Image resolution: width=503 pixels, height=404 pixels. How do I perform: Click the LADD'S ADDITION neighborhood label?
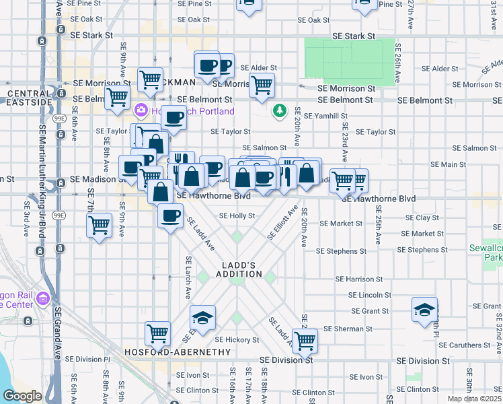pyautogui.click(x=239, y=269)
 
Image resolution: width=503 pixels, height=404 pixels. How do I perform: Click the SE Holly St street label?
pyautogui.click(x=237, y=216)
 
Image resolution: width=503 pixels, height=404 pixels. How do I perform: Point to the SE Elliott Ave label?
pyautogui.click(x=282, y=224)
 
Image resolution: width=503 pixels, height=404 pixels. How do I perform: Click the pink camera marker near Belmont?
pyautogui.click(x=141, y=110)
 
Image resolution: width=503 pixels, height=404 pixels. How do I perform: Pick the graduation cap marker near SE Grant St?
pyautogui.click(x=424, y=310)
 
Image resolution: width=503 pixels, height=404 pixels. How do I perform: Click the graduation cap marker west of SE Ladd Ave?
pyautogui.click(x=202, y=316)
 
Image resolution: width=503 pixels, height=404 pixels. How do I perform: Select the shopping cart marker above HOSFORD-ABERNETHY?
pyautogui.click(x=157, y=332)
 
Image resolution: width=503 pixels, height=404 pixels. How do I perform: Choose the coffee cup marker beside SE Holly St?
pyautogui.click(x=170, y=215)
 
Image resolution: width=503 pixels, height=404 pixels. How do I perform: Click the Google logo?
pyautogui.click(x=22, y=396)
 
